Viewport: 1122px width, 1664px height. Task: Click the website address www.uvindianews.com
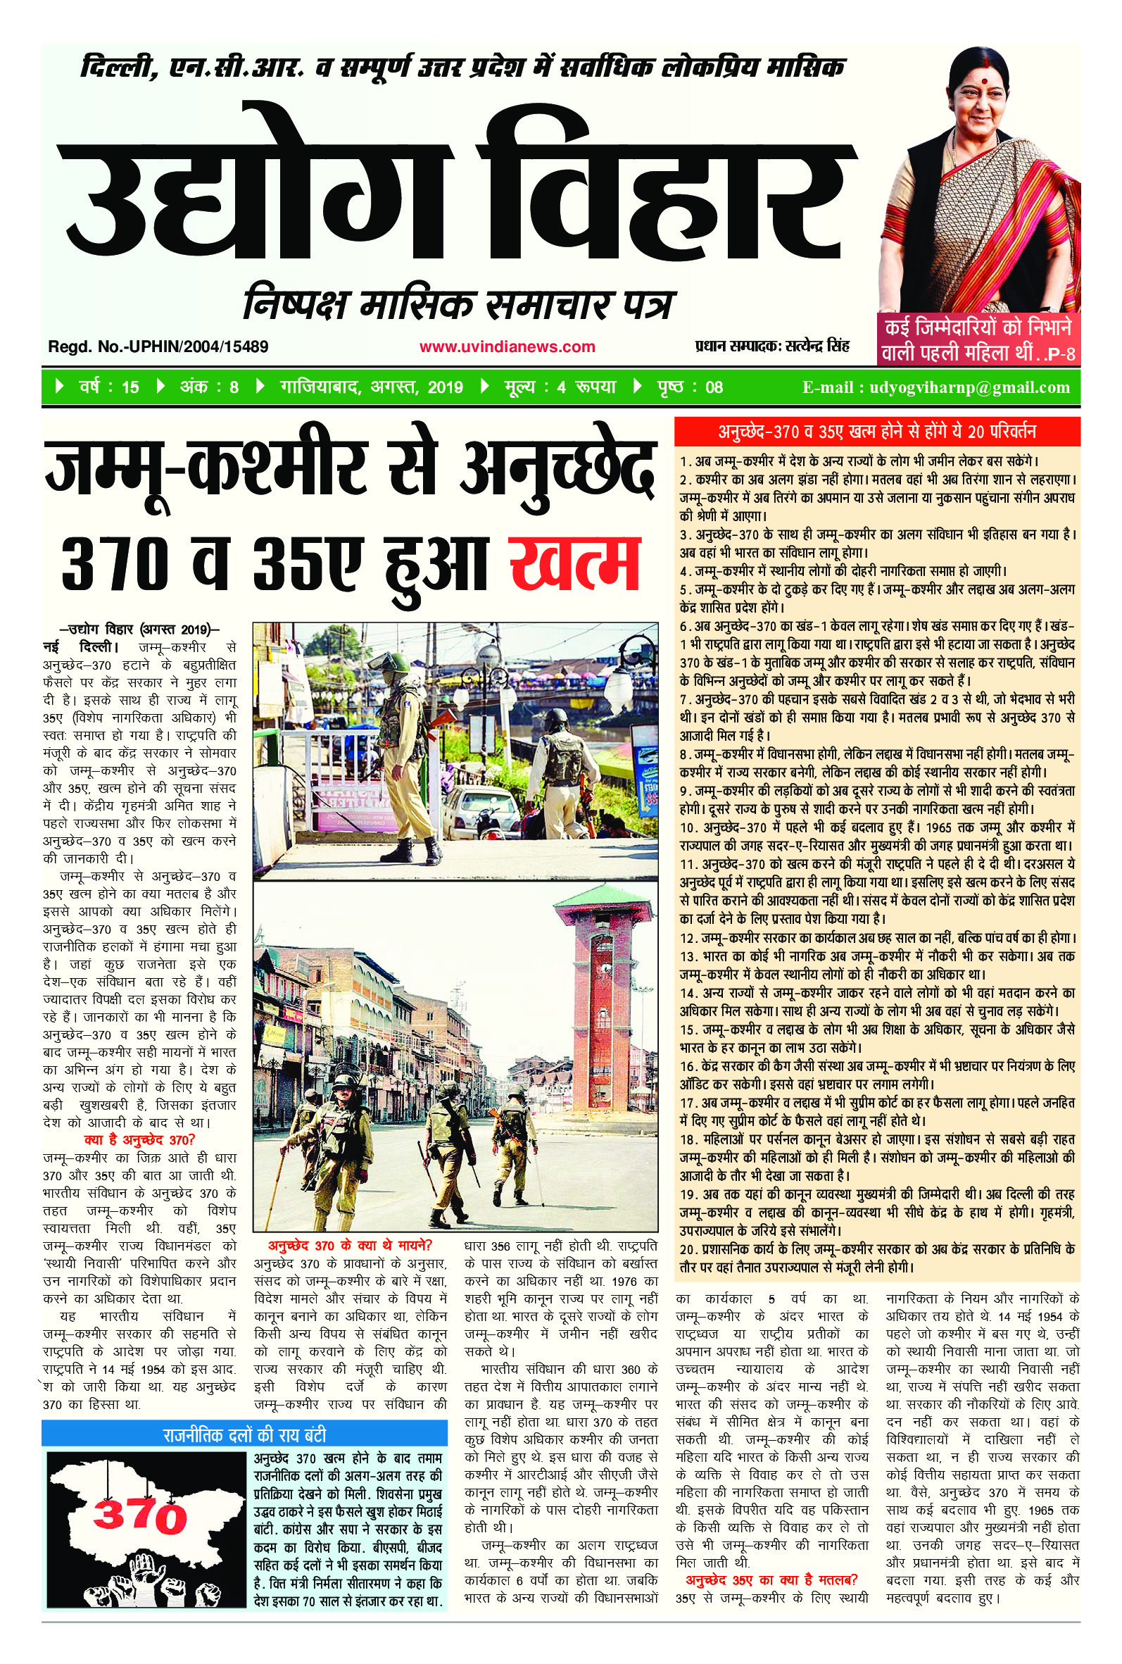click(x=507, y=346)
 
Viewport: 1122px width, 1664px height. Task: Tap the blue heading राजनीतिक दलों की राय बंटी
click(x=244, y=1415)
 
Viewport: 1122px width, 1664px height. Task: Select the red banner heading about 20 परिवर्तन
click(x=877, y=432)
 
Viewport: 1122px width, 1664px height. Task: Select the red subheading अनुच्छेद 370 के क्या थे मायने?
click(x=350, y=1244)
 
